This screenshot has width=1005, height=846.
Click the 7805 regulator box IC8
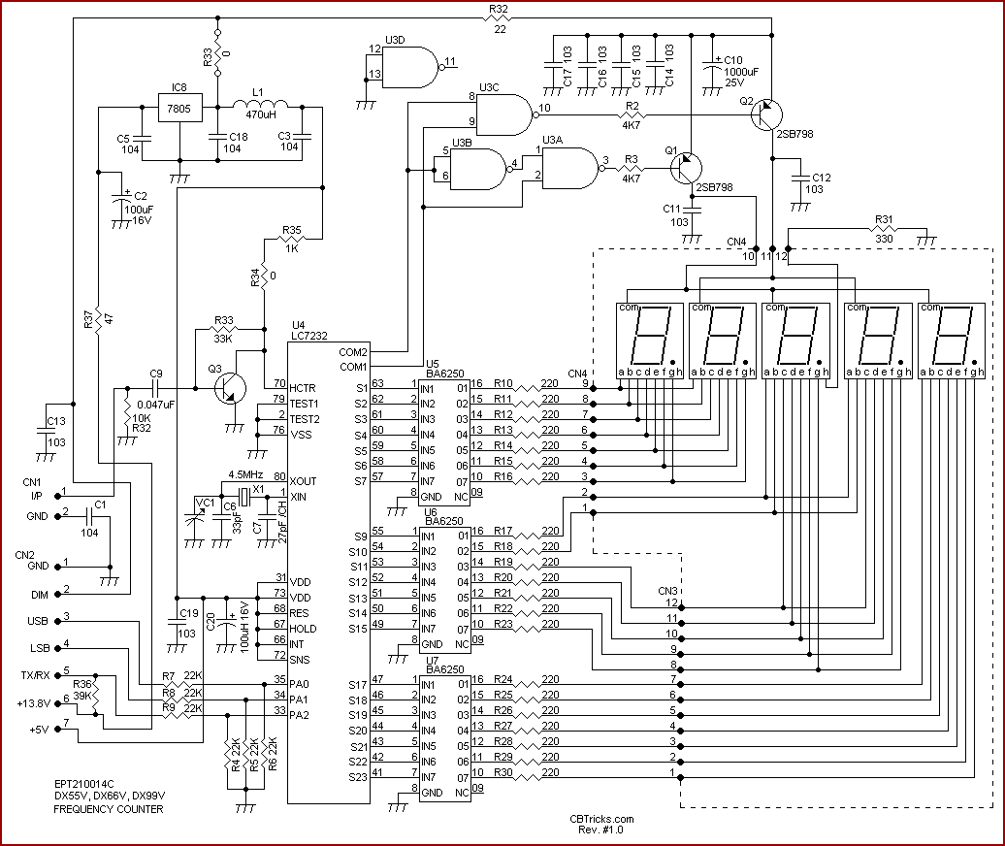click(179, 108)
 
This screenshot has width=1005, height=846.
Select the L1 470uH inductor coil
click(260, 105)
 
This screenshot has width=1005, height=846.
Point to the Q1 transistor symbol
click(686, 167)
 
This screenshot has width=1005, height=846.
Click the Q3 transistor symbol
click(228, 386)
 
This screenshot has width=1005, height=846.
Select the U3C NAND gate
click(504, 114)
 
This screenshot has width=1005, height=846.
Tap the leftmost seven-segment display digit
click(650, 340)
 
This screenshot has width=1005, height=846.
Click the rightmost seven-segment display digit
click(952, 340)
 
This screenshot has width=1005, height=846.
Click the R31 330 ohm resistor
click(885, 231)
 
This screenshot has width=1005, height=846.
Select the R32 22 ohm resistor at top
click(499, 17)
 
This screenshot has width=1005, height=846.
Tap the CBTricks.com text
click(601, 819)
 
